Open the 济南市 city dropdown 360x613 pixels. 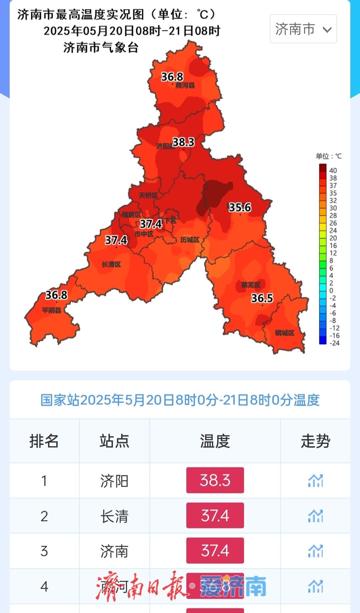[303, 29]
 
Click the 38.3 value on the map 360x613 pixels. [183, 142]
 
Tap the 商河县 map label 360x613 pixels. [185, 85]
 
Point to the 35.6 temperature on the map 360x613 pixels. [240, 207]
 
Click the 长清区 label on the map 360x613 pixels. [111, 264]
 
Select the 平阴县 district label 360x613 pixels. [52, 310]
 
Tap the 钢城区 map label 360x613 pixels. [285, 333]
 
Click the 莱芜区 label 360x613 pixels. [251, 285]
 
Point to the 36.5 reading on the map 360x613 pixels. [262, 298]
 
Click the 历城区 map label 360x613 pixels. [190, 240]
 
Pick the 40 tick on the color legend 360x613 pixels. [333, 170]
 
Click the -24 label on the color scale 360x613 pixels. [334, 343]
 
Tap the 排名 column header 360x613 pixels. [44, 441]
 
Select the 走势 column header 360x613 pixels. [315, 441]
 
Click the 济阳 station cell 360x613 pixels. [114, 481]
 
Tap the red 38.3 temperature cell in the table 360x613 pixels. [215, 480]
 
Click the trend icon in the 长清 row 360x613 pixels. [315, 516]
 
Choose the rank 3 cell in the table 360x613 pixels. [44, 551]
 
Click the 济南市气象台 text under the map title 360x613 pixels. [101, 48]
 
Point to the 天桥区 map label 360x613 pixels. [148, 195]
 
